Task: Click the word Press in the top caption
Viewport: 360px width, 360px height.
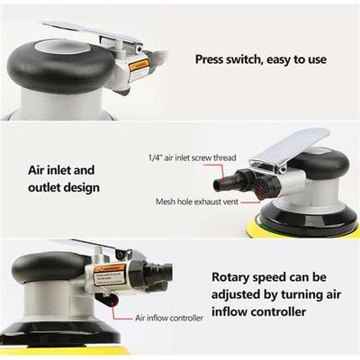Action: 214,59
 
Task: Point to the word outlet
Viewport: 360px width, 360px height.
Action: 40,188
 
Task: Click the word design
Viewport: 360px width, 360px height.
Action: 80,188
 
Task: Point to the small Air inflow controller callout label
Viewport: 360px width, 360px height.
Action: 169,318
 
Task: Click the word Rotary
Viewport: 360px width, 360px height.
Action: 233,278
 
